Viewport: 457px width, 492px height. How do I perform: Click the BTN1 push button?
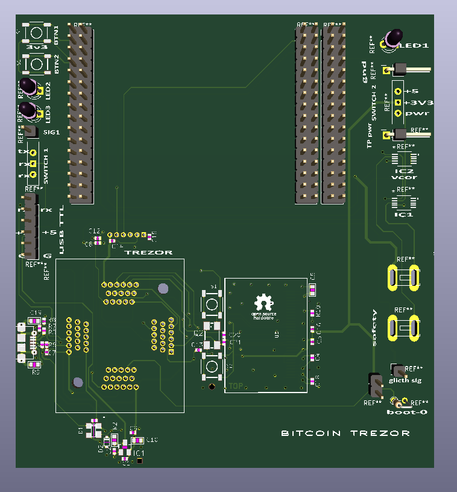[x=36, y=31]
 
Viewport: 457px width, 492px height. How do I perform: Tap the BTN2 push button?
[x=36, y=63]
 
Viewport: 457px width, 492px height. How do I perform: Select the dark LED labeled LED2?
[x=28, y=86]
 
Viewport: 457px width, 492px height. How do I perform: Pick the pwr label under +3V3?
[x=417, y=113]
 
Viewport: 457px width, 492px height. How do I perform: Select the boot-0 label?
[x=407, y=412]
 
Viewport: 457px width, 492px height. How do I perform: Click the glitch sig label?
[x=405, y=380]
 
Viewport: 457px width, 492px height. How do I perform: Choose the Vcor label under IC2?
[x=403, y=177]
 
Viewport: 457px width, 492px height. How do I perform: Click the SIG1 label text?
[x=52, y=131]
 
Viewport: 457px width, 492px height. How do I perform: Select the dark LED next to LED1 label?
[x=395, y=37]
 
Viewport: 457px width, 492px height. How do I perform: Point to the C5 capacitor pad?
[x=312, y=290]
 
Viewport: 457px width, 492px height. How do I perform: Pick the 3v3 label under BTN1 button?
[x=36, y=46]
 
